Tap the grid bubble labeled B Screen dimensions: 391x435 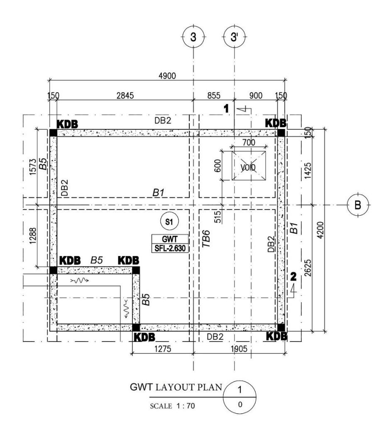[x=358, y=205]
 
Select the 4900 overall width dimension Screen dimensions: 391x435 [x=167, y=76]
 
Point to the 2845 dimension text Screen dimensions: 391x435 [x=125, y=96]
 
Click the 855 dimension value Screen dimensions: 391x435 [x=214, y=96]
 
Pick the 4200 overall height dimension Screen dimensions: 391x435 [x=320, y=230]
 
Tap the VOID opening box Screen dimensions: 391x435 [x=249, y=166]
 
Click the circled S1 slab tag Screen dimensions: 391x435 [x=169, y=221]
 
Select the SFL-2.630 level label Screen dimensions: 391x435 [x=170, y=248]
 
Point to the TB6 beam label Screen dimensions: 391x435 [x=206, y=239]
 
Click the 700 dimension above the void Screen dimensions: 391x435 [x=249, y=143]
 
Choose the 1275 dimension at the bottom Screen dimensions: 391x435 [x=163, y=349]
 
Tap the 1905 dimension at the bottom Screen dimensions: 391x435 [x=239, y=349]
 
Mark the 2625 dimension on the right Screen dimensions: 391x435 [x=308, y=268]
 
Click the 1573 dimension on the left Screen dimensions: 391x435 [x=33, y=167]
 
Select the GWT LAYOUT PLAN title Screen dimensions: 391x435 [x=176, y=387]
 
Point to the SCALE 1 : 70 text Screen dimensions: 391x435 [x=172, y=406]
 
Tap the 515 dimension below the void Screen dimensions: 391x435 [x=218, y=217]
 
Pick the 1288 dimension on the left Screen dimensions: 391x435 [x=33, y=235]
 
